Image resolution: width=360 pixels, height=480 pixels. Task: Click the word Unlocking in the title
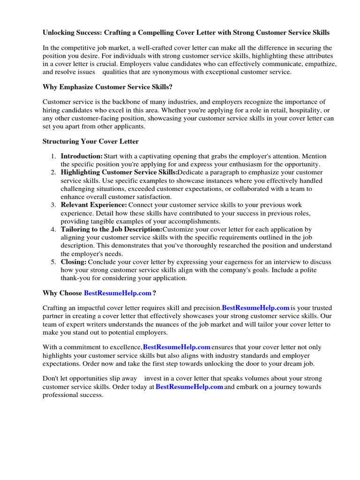[59, 33]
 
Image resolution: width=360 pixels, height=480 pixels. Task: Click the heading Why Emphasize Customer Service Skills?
[107, 87]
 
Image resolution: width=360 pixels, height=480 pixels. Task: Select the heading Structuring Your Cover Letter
[90, 141]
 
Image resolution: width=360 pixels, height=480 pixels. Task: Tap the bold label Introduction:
[82, 156]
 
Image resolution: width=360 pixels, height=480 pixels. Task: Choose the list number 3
[53, 205]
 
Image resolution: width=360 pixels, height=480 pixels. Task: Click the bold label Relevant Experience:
[94, 205]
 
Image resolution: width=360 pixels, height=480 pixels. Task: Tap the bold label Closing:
[74, 262]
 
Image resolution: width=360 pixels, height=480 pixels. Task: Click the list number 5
[53, 262]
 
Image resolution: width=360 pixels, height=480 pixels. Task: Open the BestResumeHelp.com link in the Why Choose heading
[118, 293]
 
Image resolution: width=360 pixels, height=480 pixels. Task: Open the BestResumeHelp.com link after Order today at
[189, 387]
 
